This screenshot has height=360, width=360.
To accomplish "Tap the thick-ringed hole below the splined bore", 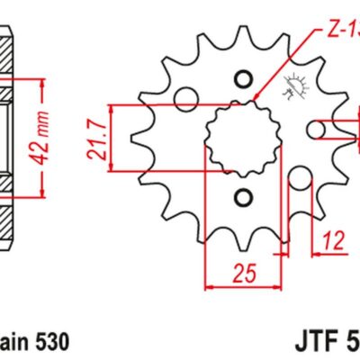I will coord(240,197).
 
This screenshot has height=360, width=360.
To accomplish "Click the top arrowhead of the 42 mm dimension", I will coord(42,84).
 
